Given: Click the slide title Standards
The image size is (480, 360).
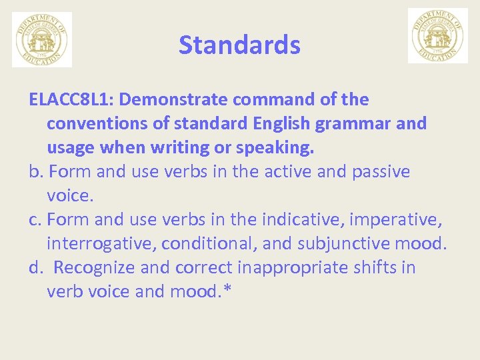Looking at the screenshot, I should [x=239, y=45].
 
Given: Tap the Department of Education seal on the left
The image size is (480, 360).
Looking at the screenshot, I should [x=42, y=39].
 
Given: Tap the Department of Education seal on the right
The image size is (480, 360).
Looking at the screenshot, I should [x=437, y=36].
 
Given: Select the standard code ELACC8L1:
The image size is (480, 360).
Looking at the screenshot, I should [x=72, y=100].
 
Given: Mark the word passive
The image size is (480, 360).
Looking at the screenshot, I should [x=381, y=172].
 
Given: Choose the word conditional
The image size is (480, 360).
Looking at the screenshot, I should [x=205, y=244].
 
